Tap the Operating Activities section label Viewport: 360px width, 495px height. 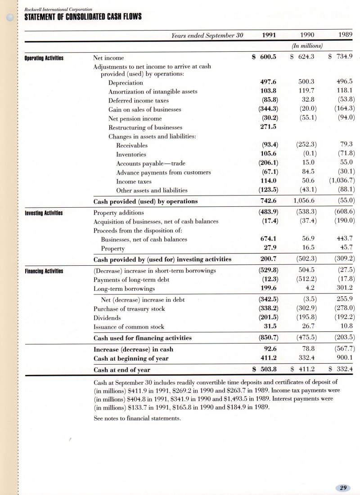pyautogui.click(x=44, y=58)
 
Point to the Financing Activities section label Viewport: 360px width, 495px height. pyautogui.click(x=44, y=271)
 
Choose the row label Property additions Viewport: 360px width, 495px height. pyautogui.click(x=118, y=212)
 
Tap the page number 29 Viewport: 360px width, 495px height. pyautogui.click(x=343, y=487)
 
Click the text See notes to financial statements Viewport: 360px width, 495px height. pyautogui.click(x=137, y=418)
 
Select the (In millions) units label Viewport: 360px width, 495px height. pyautogui.click(x=306, y=45)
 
